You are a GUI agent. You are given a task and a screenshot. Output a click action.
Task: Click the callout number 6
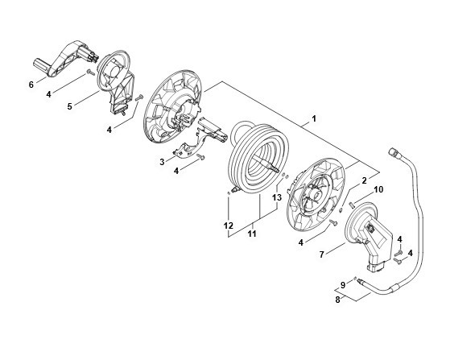31,85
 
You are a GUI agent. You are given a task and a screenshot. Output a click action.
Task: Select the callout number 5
70,106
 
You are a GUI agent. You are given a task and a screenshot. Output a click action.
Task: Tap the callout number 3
162,162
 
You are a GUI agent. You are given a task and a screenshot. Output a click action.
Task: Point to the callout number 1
314,118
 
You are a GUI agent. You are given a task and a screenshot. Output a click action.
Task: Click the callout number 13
277,197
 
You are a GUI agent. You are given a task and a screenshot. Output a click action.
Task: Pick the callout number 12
229,226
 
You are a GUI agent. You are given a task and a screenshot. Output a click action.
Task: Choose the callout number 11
252,234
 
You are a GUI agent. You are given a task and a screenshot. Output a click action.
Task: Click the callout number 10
378,189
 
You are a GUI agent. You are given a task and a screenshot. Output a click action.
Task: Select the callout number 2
364,180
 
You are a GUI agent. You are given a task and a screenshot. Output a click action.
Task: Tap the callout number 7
322,254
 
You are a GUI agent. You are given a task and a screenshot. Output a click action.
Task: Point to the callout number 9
343,285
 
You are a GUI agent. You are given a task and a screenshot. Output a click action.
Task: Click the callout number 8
338,300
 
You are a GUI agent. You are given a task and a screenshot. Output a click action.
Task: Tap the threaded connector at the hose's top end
393,152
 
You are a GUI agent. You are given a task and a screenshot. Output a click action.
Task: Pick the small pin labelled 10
352,205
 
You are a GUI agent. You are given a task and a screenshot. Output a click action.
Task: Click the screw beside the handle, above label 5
91,72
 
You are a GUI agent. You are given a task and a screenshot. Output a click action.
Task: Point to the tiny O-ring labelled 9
355,278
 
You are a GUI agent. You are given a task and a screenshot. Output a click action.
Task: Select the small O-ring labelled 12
229,193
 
